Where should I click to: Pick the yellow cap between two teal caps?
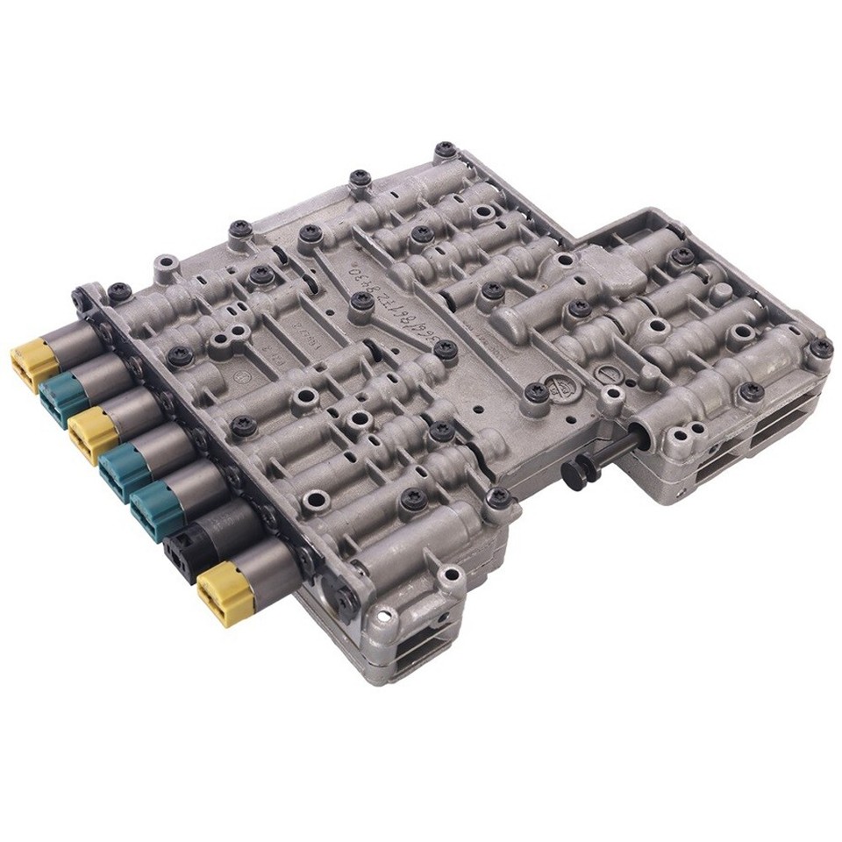[91, 432]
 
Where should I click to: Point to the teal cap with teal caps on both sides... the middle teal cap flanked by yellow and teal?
[123, 469]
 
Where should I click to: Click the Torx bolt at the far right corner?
[821, 347]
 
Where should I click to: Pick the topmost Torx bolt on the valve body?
[446, 149]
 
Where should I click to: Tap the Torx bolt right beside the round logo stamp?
[536, 392]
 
